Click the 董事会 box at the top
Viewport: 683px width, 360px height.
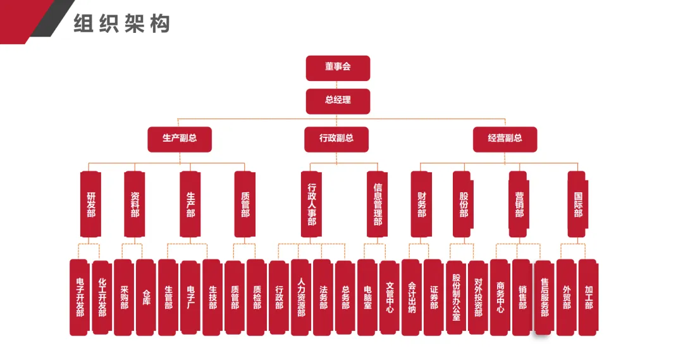(x=338, y=68)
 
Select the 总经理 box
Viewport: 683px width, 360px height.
(x=338, y=101)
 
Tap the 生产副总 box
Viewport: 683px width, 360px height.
(x=180, y=139)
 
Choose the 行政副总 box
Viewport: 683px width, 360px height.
(x=336, y=139)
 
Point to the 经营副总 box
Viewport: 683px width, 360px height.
(x=505, y=139)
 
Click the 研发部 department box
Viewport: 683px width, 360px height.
(x=91, y=204)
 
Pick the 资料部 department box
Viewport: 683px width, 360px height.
(x=135, y=204)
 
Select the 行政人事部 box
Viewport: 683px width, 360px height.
(x=311, y=204)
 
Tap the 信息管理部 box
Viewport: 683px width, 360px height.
(x=378, y=204)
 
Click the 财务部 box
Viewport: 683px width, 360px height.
(x=421, y=204)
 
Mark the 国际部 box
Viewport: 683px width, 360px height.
(x=577, y=204)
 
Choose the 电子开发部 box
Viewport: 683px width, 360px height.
(x=79, y=297)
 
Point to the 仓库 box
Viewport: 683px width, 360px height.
(x=145, y=297)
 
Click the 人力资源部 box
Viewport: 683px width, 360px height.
(x=301, y=297)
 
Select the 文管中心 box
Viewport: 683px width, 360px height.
(x=389, y=297)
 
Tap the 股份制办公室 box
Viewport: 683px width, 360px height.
(x=455, y=297)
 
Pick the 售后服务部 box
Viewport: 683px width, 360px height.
(x=544, y=297)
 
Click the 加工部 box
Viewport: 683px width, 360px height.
(x=588, y=297)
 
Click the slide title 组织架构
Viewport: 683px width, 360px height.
(x=121, y=24)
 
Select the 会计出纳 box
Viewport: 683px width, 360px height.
(x=411, y=297)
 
